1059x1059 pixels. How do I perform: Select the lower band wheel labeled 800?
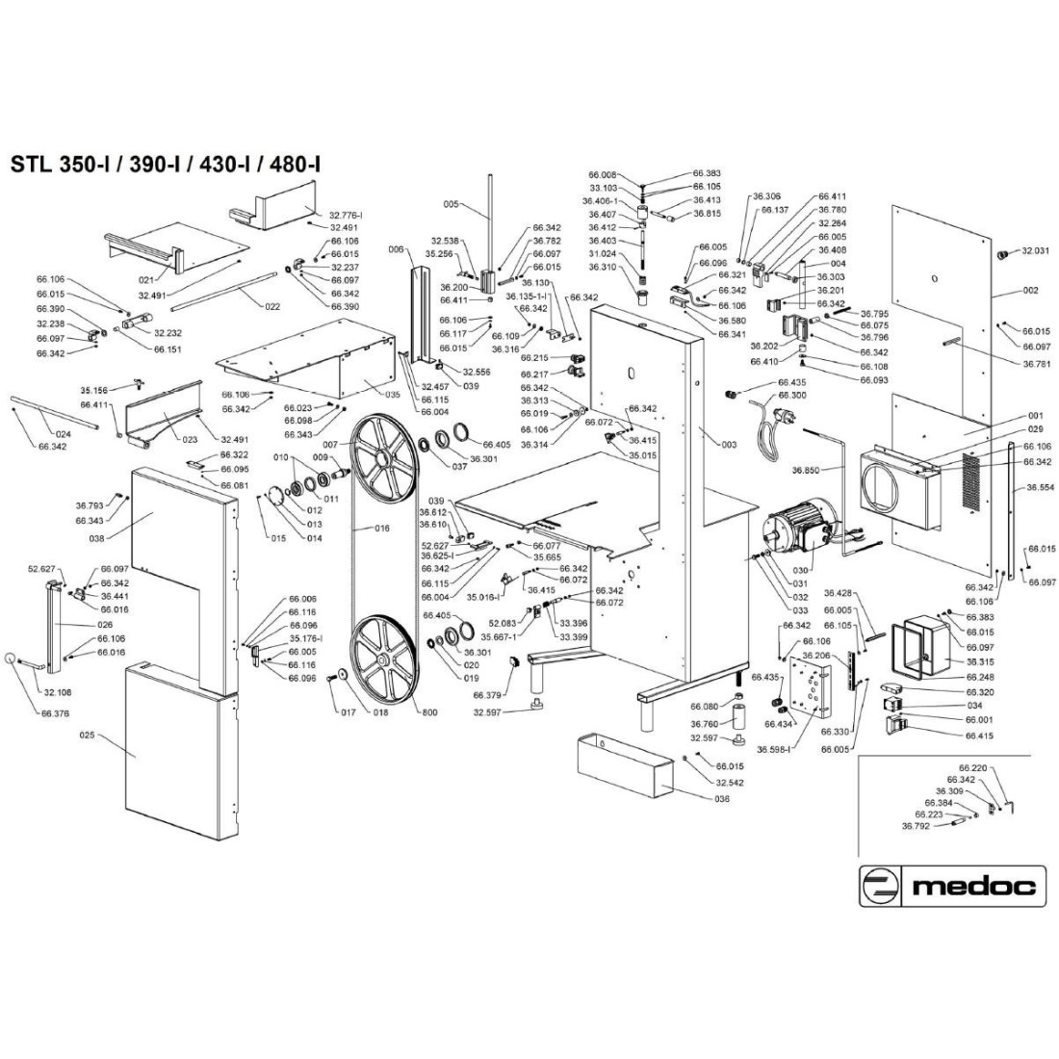pyautogui.click(x=381, y=660)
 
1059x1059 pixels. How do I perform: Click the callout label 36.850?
pyautogui.click(x=808, y=471)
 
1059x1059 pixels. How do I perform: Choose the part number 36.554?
pyautogui.click(x=1041, y=488)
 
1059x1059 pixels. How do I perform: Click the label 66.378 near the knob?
pyautogui.click(x=54, y=713)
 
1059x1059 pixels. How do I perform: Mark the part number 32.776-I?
pyautogui.click(x=352, y=214)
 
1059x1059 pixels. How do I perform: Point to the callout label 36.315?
pyautogui.click(x=981, y=661)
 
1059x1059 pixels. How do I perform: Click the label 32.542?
pyautogui.click(x=729, y=783)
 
